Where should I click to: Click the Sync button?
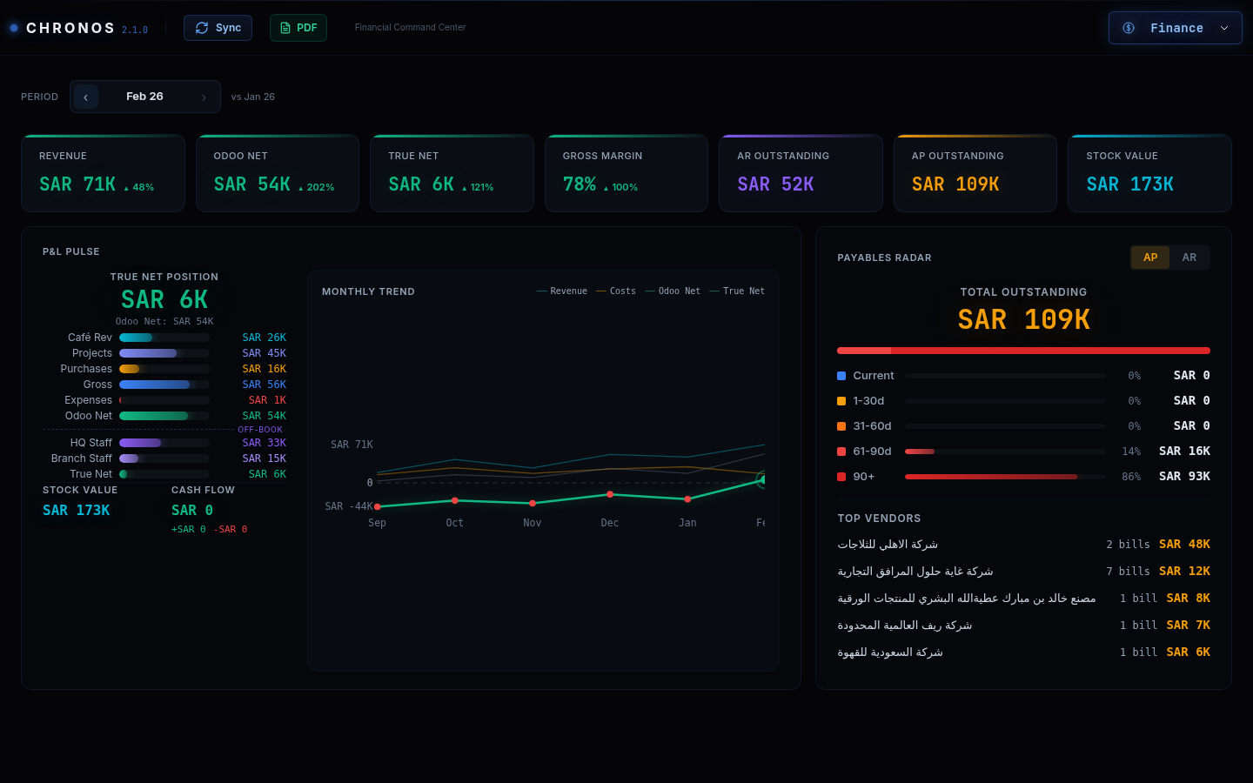[218, 28]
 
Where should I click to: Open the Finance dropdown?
[1175, 28]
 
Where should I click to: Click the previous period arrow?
[85, 97]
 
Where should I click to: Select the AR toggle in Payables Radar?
[1189, 258]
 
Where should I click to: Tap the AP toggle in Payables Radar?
[1150, 258]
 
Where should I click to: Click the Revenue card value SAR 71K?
[77, 184]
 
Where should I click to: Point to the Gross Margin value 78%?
[580, 184]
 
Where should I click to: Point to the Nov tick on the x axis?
[533, 523]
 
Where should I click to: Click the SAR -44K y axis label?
[348, 506]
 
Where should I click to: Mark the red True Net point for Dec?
[610, 494]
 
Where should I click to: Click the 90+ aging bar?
[991, 477]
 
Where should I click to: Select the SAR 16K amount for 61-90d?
[1184, 452]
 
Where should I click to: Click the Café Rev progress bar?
[164, 338]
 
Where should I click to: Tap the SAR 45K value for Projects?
[264, 353]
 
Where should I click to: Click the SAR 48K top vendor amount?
[1184, 545]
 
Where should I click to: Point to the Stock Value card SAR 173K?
[1129, 184]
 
